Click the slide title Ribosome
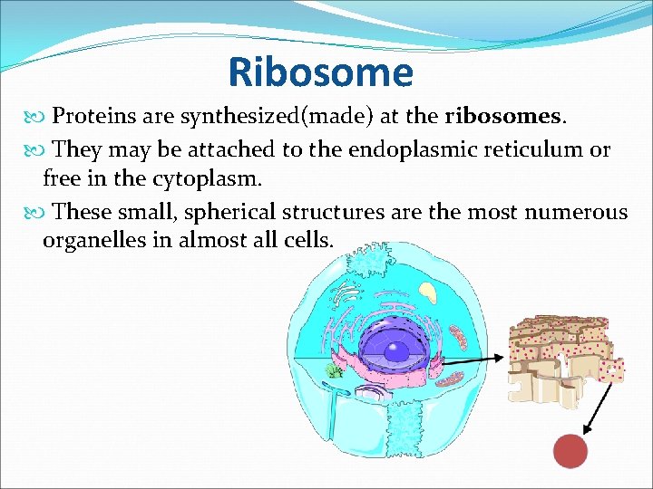point(320,72)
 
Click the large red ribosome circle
point(570,450)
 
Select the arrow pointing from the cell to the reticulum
point(472,360)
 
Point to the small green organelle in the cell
point(335,370)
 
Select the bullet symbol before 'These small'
point(35,213)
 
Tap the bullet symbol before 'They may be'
point(35,150)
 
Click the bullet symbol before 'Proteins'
point(35,117)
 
